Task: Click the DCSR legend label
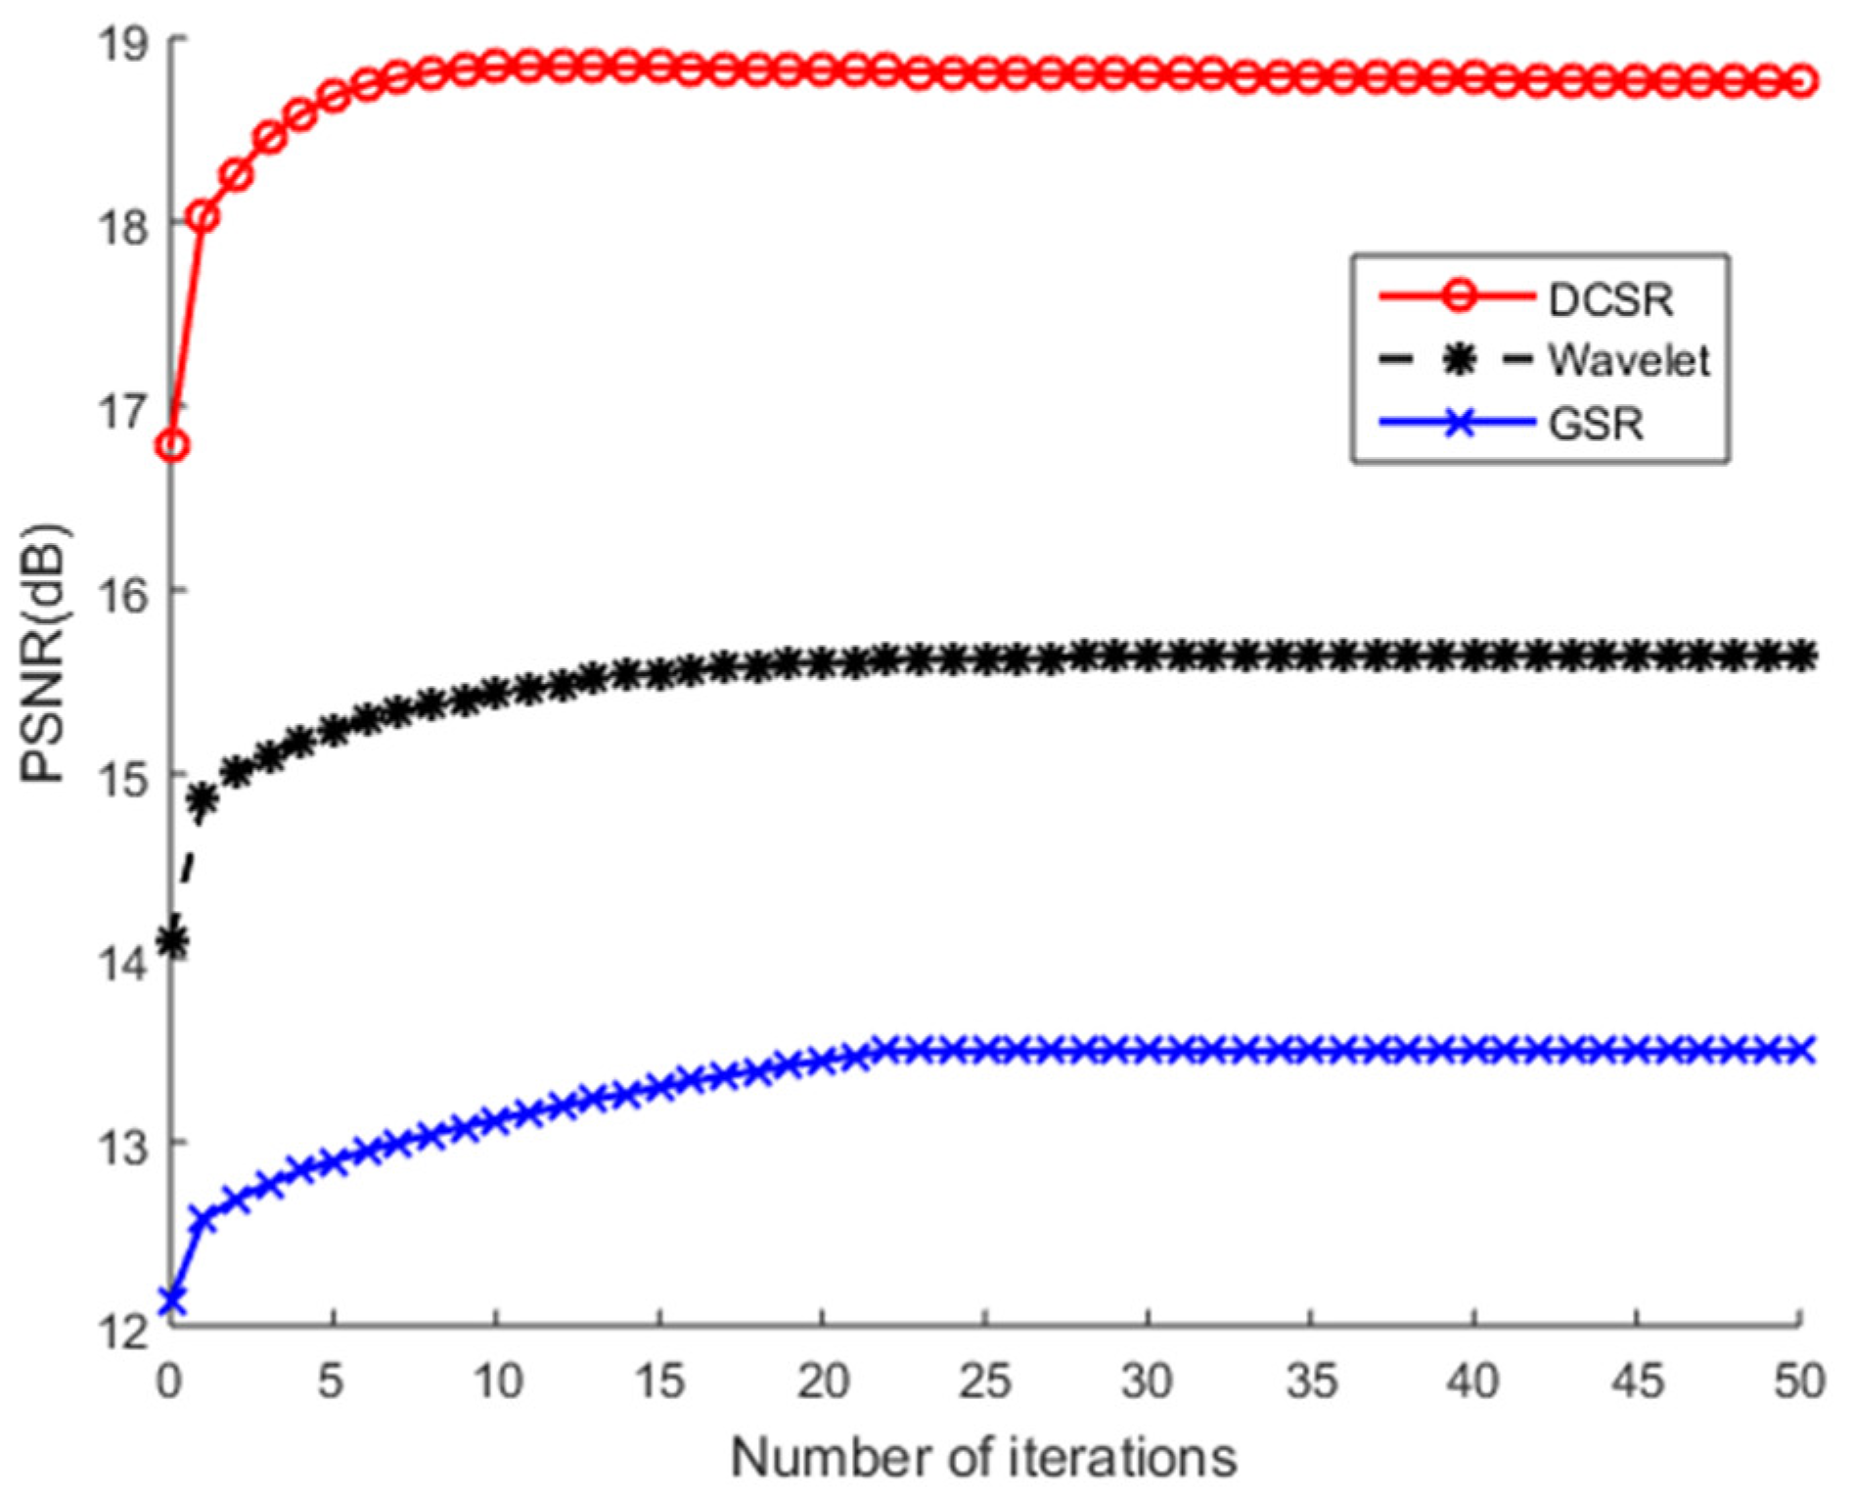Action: pyautogui.click(x=1610, y=299)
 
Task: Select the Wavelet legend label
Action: pyautogui.click(x=1628, y=361)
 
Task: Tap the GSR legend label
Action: pyautogui.click(x=1596, y=424)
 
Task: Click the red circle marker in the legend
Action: pyautogui.click(x=1458, y=295)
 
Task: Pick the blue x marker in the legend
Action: pyautogui.click(x=1459, y=424)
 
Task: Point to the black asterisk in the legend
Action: pyautogui.click(x=1459, y=360)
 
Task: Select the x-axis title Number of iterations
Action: pyautogui.click(x=984, y=1458)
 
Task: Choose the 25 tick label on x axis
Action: pyautogui.click(x=984, y=1382)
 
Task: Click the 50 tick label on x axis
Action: pyautogui.click(x=1799, y=1382)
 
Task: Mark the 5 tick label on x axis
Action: pyautogui.click(x=332, y=1382)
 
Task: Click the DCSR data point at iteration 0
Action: pyautogui.click(x=172, y=446)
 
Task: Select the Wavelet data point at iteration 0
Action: pyautogui.click(x=172, y=942)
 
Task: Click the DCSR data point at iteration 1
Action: pyautogui.click(x=203, y=216)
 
